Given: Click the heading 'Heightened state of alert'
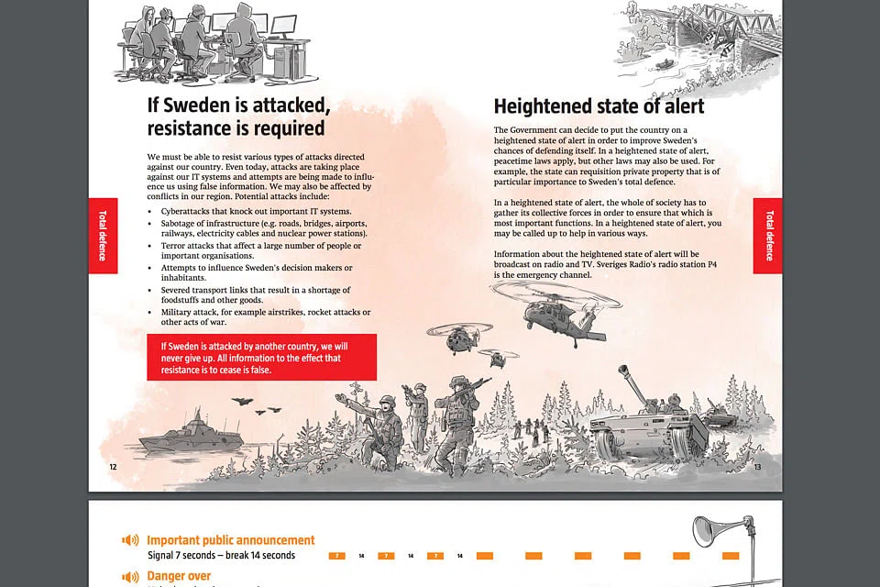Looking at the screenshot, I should click(x=599, y=106).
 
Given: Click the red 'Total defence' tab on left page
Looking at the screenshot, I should click(x=103, y=236).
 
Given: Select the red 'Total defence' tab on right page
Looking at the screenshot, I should click(x=768, y=236).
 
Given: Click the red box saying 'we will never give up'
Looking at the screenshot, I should click(x=261, y=358).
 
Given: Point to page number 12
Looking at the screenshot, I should click(x=114, y=467).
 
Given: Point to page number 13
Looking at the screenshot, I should click(x=758, y=467).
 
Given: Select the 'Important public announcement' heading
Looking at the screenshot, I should click(x=230, y=540).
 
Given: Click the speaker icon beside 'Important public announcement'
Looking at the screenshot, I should click(x=130, y=540).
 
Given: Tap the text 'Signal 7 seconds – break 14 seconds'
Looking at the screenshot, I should click(x=221, y=556).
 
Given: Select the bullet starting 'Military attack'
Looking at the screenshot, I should click(x=265, y=317).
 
